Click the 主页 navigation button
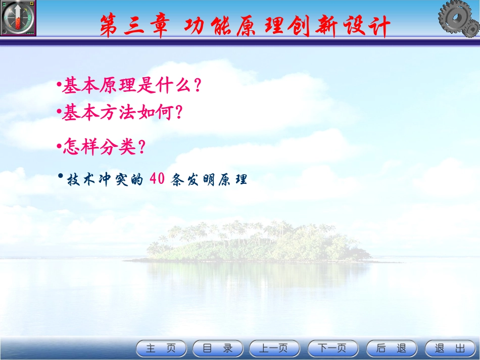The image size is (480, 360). pyautogui.click(x=161, y=348)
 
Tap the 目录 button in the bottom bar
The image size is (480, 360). pyautogui.click(x=218, y=348)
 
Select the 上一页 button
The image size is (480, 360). pyautogui.click(x=274, y=348)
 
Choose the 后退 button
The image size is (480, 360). pyautogui.click(x=392, y=348)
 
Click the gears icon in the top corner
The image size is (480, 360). pyautogui.click(x=458, y=20)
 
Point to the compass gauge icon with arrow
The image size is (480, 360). pyautogui.click(x=18, y=18)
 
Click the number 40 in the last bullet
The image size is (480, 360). pyautogui.click(x=157, y=180)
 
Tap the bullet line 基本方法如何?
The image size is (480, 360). pyautogui.click(x=121, y=113)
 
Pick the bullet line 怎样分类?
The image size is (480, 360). pyautogui.click(x=104, y=147)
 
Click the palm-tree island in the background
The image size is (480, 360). pyautogui.click(x=258, y=242)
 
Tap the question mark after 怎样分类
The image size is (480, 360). pyautogui.click(x=142, y=147)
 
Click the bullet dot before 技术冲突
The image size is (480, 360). pyautogui.click(x=60, y=176)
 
